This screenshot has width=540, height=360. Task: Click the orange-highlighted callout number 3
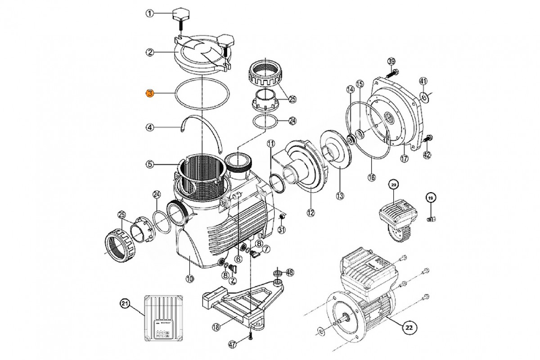[150, 94]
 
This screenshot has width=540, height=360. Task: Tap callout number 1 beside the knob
[150, 13]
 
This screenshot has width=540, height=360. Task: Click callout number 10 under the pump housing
[189, 279]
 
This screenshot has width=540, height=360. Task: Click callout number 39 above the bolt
[391, 61]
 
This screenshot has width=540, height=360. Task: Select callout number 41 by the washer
[423, 81]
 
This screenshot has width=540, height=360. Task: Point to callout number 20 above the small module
[393, 184]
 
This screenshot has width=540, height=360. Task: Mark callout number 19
[431, 198]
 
